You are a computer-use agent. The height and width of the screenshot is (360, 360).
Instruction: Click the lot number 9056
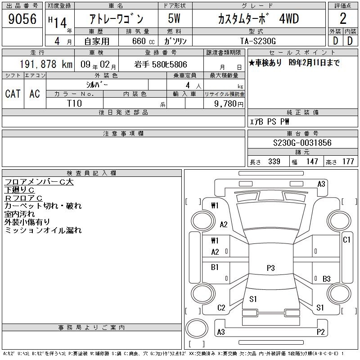(22, 18)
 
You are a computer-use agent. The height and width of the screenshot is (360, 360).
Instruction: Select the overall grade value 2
(343, 18)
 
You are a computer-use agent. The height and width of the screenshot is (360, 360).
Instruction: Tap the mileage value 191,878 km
(46, 64)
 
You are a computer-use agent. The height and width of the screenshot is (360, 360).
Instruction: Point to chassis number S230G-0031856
(302, 143)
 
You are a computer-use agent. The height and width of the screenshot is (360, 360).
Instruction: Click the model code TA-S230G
(258, 41)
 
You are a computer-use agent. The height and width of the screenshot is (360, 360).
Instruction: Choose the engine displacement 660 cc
(143, 41)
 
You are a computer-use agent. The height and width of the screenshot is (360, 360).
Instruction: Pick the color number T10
(74, 103)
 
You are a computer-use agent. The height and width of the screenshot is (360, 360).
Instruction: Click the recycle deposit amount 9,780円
(229, 104)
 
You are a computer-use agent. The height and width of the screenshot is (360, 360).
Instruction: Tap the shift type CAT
(13, 94)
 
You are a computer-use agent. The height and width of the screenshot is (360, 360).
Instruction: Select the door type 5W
(174, 18)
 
